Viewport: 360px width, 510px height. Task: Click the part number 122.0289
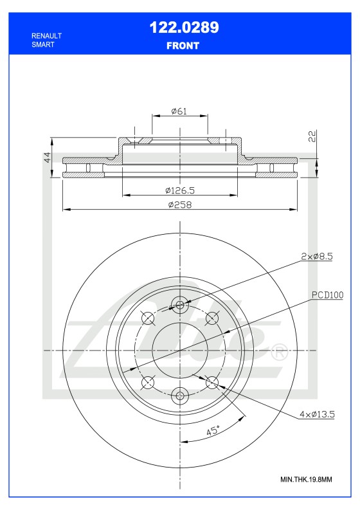184,27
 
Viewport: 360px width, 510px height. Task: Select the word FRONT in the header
184,46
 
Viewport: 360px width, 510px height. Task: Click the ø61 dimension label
179,111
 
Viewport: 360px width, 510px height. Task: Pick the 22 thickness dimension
312,136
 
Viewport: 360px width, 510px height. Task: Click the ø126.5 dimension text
179,190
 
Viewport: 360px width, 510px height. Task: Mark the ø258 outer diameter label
180,205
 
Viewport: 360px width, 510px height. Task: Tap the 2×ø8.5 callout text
316,257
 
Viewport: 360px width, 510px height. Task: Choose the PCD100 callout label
328,295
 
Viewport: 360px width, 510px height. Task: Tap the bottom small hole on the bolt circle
180,396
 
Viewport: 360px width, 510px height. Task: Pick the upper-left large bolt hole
148,317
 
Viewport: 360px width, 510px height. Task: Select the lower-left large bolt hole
148,383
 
